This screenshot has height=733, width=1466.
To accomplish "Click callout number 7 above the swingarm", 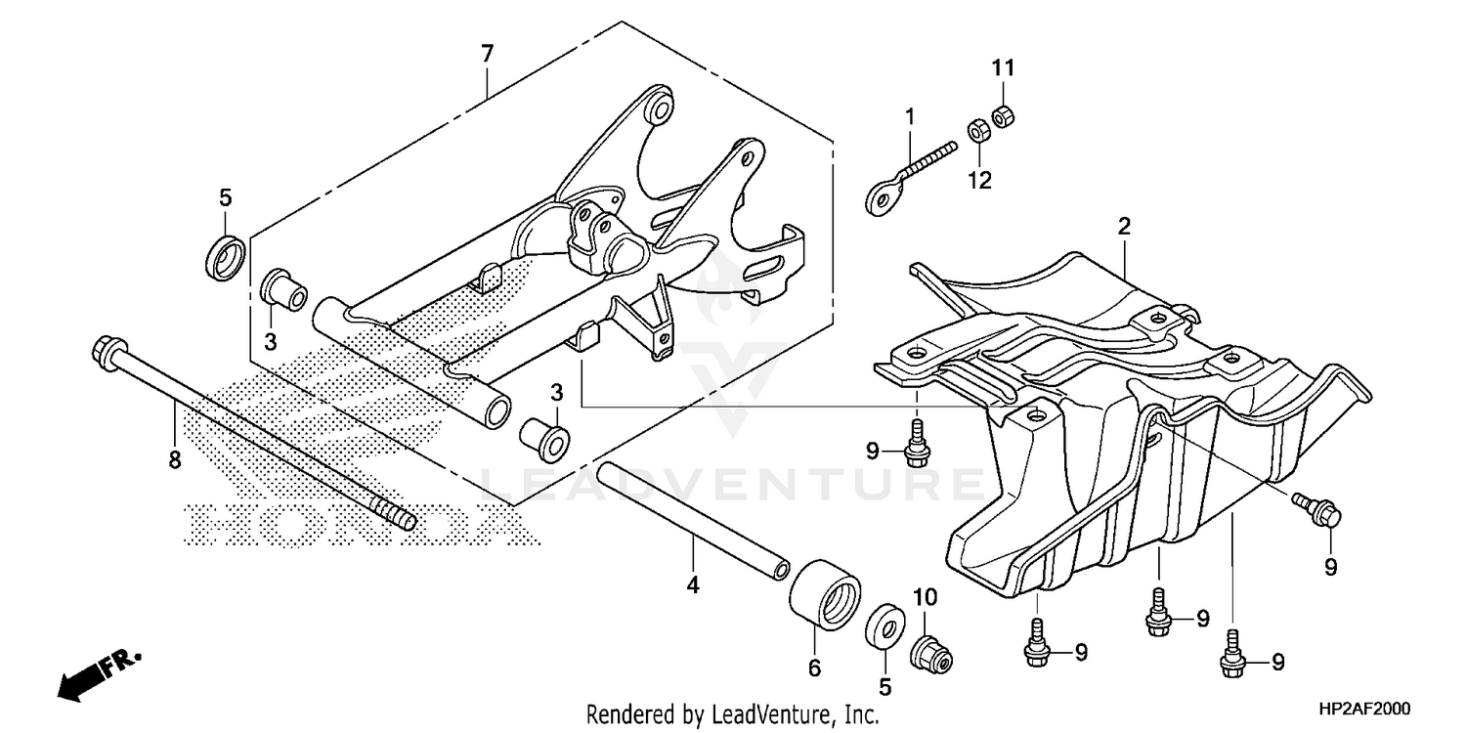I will coord(487,56).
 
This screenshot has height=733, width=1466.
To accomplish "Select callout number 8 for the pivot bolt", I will coord(175,460).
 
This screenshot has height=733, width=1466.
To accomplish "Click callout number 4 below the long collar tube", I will coord(693,585).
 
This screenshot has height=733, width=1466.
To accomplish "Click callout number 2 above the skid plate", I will coord(1124,227).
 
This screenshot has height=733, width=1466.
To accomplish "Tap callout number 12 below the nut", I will coord(979,180).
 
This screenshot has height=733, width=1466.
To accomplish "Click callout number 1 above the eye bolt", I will coord(909,117).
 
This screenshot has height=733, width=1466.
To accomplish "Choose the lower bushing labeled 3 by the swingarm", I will coord(545,440).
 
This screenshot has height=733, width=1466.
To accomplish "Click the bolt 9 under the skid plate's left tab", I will coord(917,441).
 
